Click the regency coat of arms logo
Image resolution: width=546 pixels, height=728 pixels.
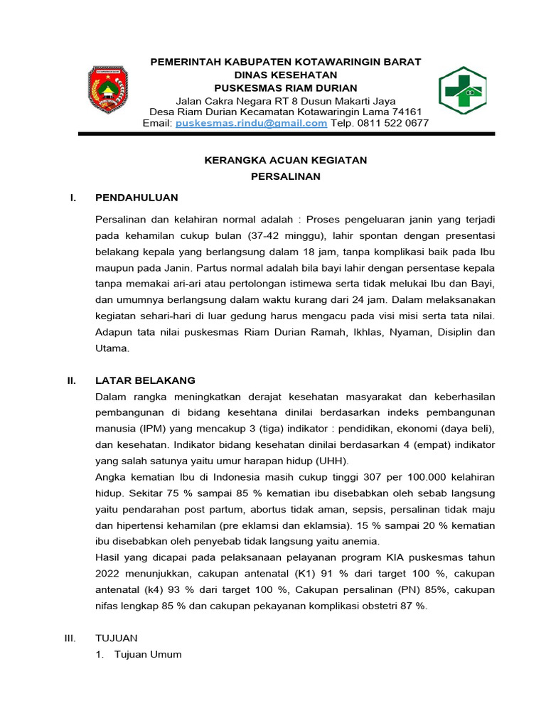(108, 90)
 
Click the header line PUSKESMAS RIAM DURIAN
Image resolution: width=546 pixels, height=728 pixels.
(285, 87)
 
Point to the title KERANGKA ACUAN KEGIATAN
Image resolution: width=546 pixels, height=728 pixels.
(285, 161)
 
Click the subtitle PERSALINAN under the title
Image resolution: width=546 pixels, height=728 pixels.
(286, 176)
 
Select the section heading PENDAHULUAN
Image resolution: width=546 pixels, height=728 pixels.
(136, 198)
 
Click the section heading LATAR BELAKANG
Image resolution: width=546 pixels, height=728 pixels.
(145, 380)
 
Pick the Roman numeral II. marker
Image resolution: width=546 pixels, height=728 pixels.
(71, 380)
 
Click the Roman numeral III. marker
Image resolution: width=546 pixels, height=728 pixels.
(70, 638)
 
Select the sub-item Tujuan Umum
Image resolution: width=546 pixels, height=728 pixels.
(148, 654)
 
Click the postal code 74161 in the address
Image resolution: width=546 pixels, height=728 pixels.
(407, 112)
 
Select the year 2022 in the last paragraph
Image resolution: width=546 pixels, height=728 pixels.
(109, 574)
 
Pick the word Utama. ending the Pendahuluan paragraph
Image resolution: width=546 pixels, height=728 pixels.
(113, 348)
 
